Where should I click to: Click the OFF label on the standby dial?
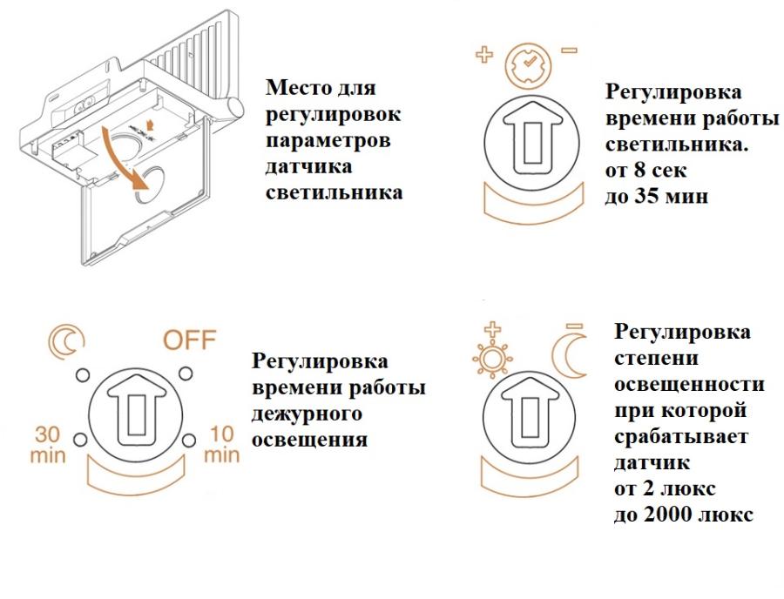[189, 340]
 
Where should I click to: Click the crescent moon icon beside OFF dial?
[63, 342]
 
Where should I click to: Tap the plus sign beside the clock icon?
[483, 55]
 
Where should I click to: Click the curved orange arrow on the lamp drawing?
[121, 156]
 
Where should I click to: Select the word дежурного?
[306, 414]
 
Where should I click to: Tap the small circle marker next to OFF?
[185, 374]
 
